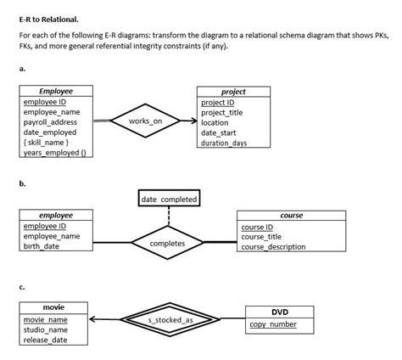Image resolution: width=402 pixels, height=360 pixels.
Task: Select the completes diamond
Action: [169, 243]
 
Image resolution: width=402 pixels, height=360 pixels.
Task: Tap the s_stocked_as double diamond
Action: [170, 320]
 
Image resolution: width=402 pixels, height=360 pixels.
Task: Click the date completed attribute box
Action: [169, 200]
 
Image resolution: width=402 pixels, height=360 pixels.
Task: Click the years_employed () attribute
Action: [52, 153]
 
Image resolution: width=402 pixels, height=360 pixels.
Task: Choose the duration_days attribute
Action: [224, 143]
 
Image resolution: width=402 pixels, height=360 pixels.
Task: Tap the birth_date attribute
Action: [42, 246]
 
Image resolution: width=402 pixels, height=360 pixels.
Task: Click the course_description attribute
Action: [273, 247]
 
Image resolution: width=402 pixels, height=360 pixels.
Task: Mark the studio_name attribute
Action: [46, 329]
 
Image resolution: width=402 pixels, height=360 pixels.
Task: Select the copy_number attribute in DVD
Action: [273, 325]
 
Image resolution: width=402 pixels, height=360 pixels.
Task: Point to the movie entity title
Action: [53, 307]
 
